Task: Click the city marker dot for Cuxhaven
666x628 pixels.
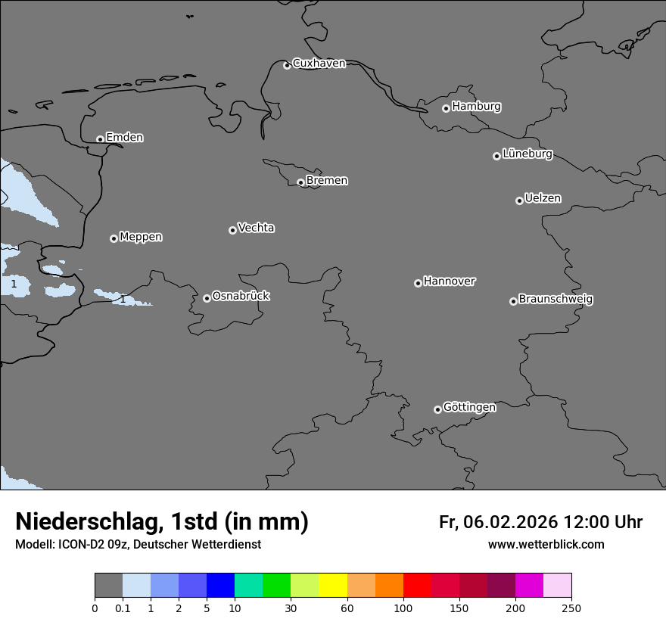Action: click(x=287, y=65)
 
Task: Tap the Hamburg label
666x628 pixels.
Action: click(x=476, y=107)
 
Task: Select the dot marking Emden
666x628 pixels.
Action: click(x=100, y=139)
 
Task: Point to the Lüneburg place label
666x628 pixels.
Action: click(x=527, y=154)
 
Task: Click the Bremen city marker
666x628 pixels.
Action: click(x=300, y=182)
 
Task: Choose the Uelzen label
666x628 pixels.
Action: click(x=543, y=198)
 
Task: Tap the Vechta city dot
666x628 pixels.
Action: click(x=232, y=230)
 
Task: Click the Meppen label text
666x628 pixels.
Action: click(x=141, y=237)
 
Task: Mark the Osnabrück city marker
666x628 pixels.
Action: click(x=207, y=298)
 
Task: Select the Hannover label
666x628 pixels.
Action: click(x=449, y=281)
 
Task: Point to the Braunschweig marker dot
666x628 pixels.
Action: click(x=513, y=301)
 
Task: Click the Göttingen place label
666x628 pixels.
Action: click(x=469, y=407)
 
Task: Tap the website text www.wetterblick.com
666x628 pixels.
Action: click(x=546, y=545)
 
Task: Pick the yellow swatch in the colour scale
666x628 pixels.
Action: click(x=333, y=586)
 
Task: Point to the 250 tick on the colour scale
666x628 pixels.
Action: click(x=571, y=608)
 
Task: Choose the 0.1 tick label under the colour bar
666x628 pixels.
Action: click(x=123, y=608)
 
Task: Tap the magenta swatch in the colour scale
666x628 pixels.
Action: click(x=529, y=586)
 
